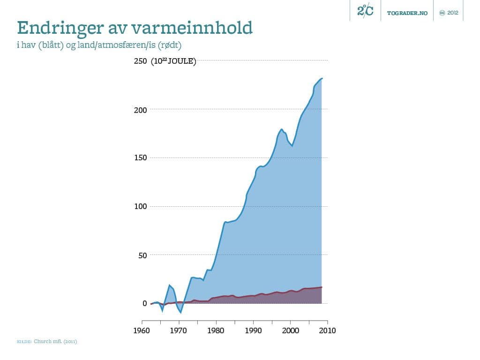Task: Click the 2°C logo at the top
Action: click(x=365, y=11)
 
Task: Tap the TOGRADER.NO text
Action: click(x=407, y=13)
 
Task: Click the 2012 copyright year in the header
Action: click(x=452, y=13)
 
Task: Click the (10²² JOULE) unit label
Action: click(x=173, y=61)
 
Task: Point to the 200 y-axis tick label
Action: click(x=141, y=110)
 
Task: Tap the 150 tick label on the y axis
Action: click(x=141, y=158)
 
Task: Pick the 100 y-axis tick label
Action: click(x=141, y=207)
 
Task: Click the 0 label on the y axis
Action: click(x=145, y=304)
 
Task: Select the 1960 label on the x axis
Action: click(x=142, y=330)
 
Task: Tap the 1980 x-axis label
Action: click(x=216, y=330)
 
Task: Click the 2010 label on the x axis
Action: click(x=327, y=330)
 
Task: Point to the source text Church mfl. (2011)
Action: click(x=55, y=342)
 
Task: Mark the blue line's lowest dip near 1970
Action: click(x=181, y=313)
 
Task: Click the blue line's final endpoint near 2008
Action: click(x=322, y=78)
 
